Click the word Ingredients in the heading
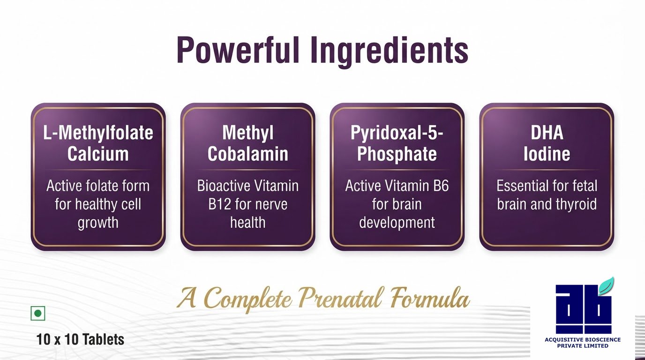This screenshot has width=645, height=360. click(x=390, y=52)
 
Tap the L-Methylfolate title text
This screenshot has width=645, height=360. click(x=98, y=133)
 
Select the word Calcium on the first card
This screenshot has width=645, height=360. click(x=98, y=154)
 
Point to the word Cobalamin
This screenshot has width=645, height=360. click(x=247, y=154)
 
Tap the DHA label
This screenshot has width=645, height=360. click(x=547, y=133)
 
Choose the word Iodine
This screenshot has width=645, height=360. click(x=547, y=154)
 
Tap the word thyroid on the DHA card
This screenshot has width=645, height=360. click(x=576, y=205)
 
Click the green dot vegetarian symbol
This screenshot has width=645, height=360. click(x=38, y=313)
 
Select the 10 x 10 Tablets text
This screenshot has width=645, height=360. click(x=80, y=339)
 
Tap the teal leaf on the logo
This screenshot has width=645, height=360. click(x=606, y=285)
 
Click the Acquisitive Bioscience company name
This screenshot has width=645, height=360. click(x=583, y=343)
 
